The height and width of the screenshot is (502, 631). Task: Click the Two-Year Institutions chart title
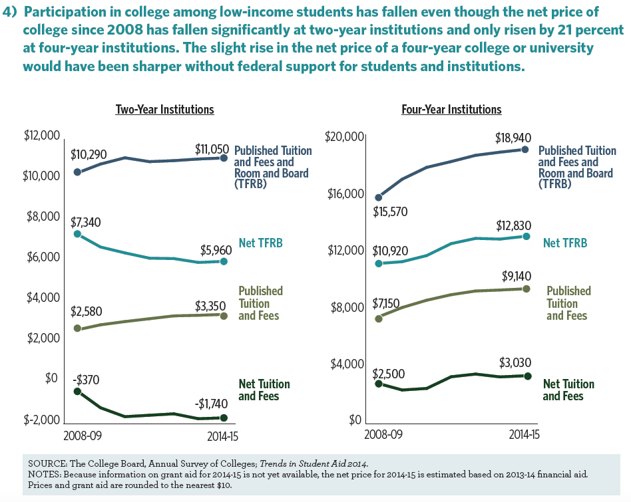[164, 109]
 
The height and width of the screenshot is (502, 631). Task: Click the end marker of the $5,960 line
[224, 261]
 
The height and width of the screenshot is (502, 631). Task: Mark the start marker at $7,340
[78, 234]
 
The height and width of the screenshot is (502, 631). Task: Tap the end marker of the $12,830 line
[526, 236]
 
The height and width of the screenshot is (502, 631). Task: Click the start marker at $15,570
[379, 197]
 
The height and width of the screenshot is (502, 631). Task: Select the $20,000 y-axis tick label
[343, 137]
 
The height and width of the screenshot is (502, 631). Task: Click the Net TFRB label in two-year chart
[260, 243]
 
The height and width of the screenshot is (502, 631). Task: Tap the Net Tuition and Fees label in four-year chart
[568, 390]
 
